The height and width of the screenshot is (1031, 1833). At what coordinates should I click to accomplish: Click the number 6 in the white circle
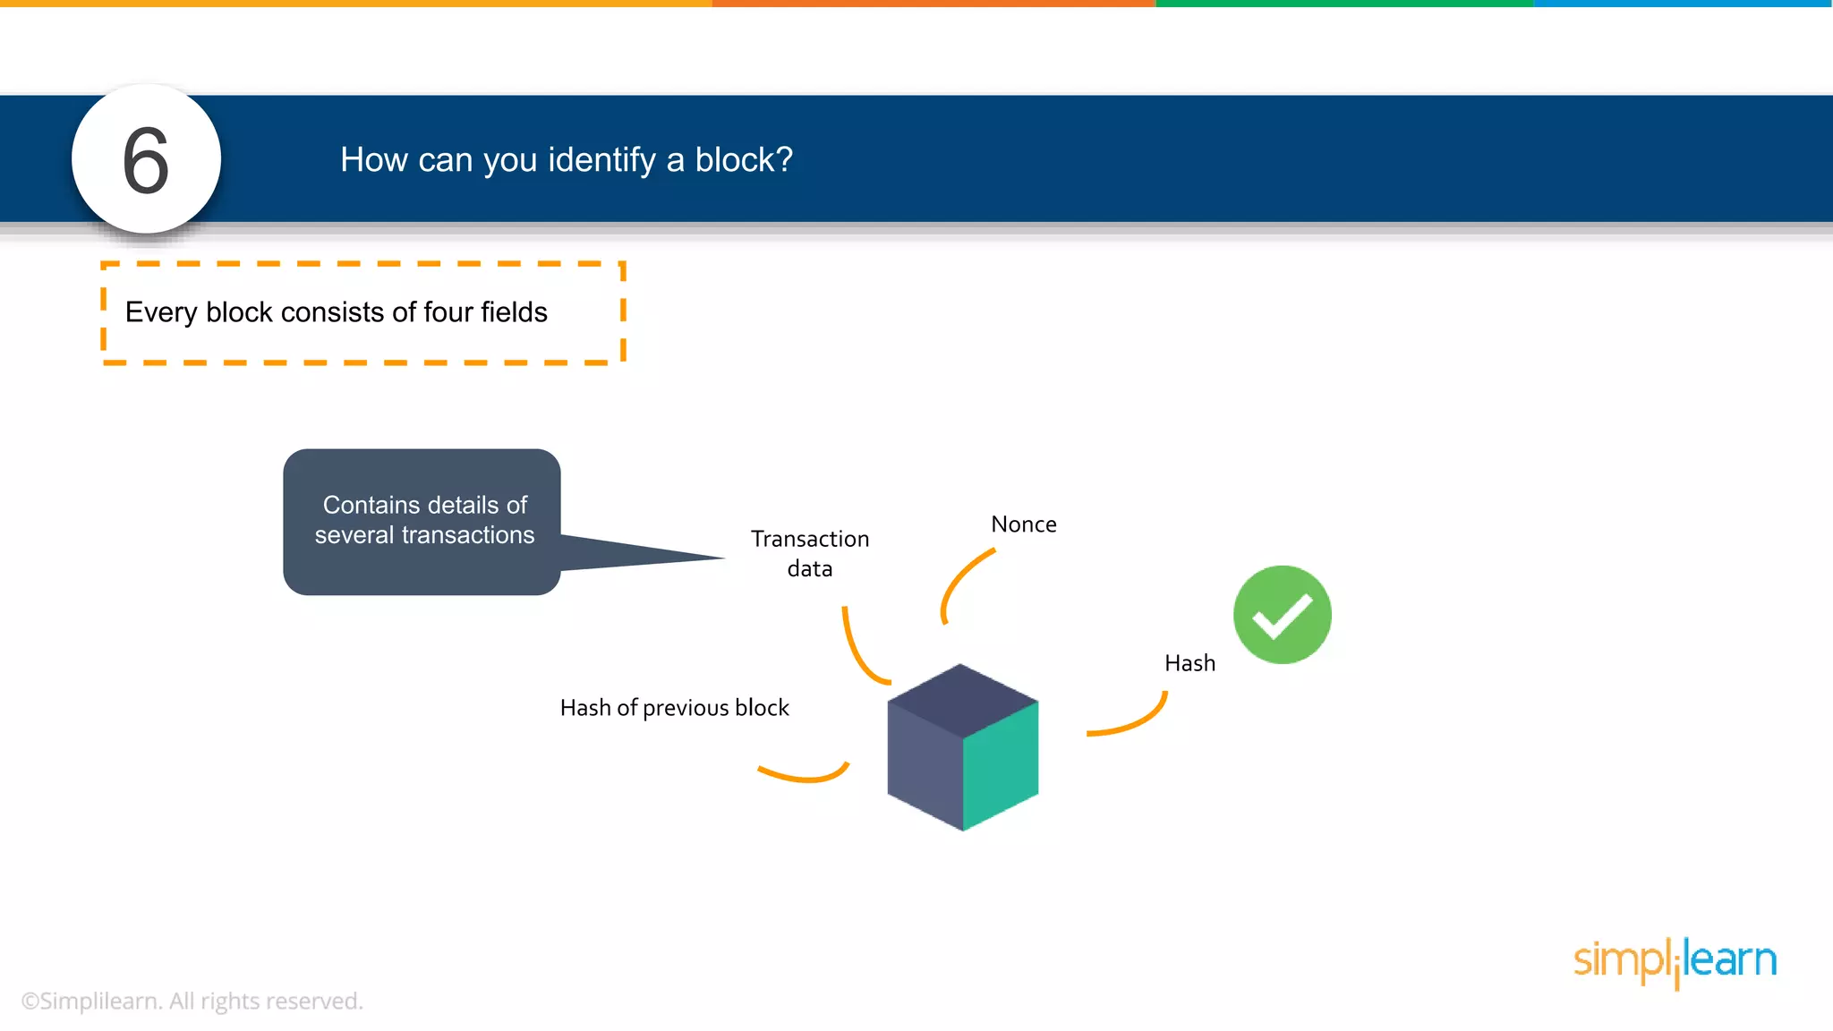(x=146, y=161)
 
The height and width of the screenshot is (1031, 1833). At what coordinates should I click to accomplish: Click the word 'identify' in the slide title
(x=602, y=160)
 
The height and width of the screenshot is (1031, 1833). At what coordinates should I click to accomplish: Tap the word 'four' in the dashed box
(x=448, y=312)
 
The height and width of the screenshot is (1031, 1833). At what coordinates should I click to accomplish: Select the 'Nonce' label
(x=1023, y=524)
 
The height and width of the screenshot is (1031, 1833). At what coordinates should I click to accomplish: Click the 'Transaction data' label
(x=809, y=553)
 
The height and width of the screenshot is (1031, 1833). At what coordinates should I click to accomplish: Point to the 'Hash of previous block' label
(x=674, y=708)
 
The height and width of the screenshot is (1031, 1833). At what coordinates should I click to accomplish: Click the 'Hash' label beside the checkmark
(x=1189, y=663)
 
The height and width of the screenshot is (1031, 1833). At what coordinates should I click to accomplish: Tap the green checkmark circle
(x=1282, y=615)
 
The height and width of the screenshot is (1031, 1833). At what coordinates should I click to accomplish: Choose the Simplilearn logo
(x=1675, y=961)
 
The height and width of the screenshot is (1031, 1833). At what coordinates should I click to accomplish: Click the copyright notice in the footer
(x=192, y=1001)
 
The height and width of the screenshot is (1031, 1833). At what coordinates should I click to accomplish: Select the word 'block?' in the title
(x=744, y=160)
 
